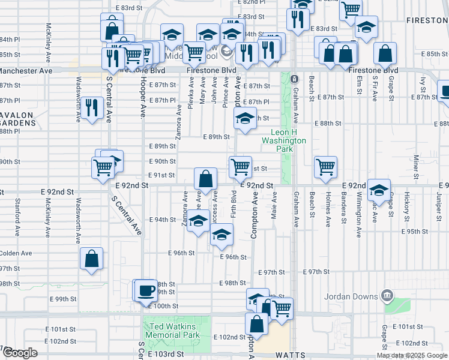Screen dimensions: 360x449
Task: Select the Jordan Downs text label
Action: pyautogui.click(x=351, y=296)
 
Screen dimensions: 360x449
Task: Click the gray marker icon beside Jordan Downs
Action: pyautogui.click(x=387, y=295)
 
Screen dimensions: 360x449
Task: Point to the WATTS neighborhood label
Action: pyautogui.click(x=291, y=355)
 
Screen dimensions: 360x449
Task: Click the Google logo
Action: pyautogui.click(x=20, y=353)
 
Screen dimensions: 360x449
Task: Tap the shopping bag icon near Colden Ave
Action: pyautogui.click(x=92, y=259)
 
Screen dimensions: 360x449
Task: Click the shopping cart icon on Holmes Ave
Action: pyautogui.click(x=325, y=167)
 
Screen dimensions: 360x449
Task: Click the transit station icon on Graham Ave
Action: pyautogui.click(x=294, y=79)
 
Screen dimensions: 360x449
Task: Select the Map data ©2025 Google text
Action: pyautogui.click(x=412, y=355)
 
